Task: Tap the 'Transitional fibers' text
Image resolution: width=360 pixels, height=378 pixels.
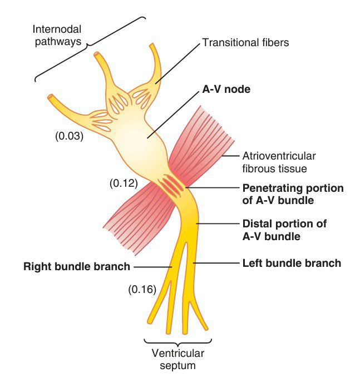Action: tap(245, 42)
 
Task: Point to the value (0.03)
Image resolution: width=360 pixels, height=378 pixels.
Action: tap(69, 135)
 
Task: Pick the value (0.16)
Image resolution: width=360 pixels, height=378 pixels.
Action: tap(142, 289)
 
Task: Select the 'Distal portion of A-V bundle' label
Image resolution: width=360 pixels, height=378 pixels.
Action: tap(284, 230)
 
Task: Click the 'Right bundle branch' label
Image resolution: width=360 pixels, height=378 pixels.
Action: tap(76, 266)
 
